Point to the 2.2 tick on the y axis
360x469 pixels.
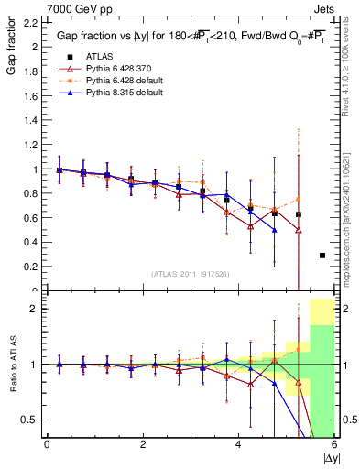pos(31,22)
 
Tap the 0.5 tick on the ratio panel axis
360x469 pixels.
pos(31,420)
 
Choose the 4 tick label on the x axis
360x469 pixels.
pos(238,445)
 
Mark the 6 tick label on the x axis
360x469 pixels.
pos(333,445)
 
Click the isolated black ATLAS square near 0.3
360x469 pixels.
pos(322,256)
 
